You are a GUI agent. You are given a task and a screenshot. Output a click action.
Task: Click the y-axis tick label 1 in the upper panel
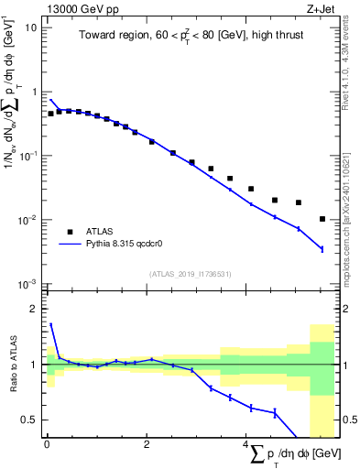(x=35, y=92)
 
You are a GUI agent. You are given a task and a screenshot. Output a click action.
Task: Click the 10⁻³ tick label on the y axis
(x=28, y=284)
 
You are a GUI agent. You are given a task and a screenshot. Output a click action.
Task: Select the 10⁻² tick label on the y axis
(x=28, y=220)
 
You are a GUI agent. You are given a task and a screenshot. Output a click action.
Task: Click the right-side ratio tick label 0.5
(x=347, y=420)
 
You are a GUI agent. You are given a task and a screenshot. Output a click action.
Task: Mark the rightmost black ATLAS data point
(x=322, y=219)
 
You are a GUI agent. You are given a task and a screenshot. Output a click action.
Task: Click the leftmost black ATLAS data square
(x=50, y=114)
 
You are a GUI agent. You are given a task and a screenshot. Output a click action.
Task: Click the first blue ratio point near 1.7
(x=50, y=324)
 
